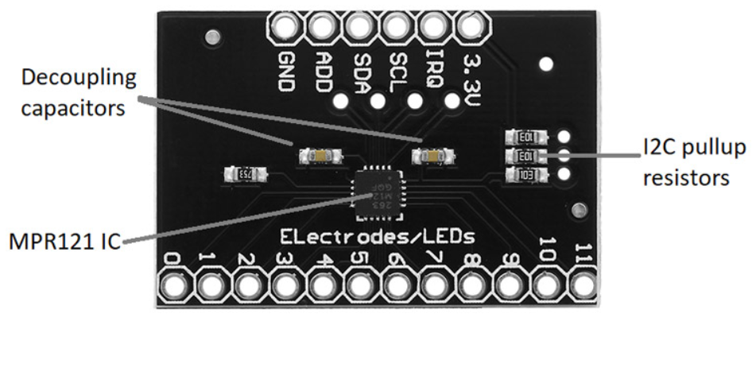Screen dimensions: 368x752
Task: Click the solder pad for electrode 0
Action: [173, 285]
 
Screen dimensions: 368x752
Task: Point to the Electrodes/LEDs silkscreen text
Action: [378, 236]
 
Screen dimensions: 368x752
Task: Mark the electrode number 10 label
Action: [547, 250]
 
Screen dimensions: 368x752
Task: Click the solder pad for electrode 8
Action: [472, 285]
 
